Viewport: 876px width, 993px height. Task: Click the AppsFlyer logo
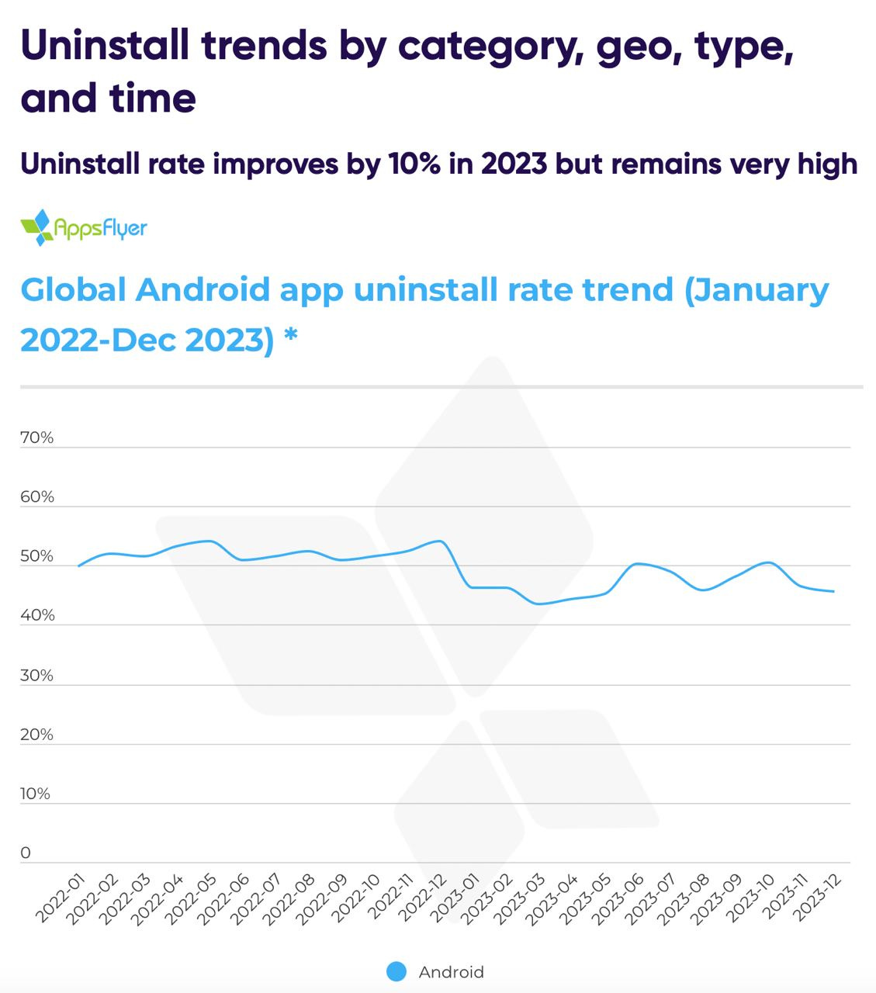(84, 227)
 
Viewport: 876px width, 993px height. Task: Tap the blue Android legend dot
(396, 971)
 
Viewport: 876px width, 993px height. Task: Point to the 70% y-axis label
(36, 438)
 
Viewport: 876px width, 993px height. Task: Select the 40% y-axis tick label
(36, 615)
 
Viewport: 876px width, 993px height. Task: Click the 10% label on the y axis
(35, 794)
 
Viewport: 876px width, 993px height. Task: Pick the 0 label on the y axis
(26, 853)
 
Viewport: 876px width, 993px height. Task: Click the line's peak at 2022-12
(440, 541)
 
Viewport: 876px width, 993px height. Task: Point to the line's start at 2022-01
(78, 566)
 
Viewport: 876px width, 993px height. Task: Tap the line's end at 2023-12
(833, 591)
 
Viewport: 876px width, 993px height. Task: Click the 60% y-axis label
(36, 496)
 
